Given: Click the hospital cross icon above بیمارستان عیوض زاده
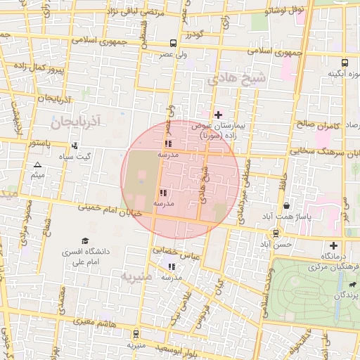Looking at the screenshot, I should [x=218, y=114].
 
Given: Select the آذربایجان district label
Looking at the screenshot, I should [x=77, y=122].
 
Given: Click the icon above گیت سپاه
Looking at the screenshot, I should [x=75, y=146].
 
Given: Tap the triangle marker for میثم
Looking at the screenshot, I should [x=37, y=165].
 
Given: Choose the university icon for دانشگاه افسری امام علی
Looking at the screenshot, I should [x=85, y=241].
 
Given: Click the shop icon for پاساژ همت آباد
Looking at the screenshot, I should [x=286, y=206].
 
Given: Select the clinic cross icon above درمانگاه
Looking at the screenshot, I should [x=333, y=245].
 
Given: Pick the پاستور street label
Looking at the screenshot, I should [x=37, y=143].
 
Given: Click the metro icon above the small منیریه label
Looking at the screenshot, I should [x=136, y=335].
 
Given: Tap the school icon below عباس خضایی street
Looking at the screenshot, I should [x=172, y=266].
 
